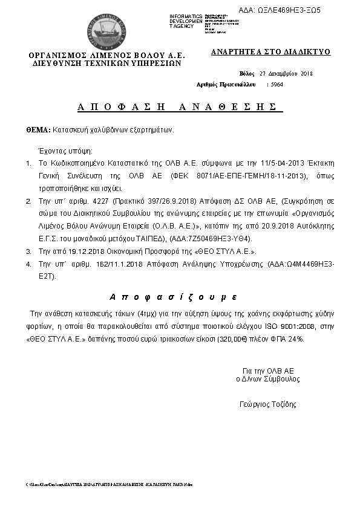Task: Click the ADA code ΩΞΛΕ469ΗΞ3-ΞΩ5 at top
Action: click(x=288, y=11)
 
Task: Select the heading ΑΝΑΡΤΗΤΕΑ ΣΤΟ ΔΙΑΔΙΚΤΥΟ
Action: click(x=270, y=52)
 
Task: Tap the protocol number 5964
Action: click(x=277, y=85)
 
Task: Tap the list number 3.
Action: click(x=28, y=251)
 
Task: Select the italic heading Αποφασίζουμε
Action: click(x=173, y=297)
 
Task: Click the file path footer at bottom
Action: click(x=109, y=485)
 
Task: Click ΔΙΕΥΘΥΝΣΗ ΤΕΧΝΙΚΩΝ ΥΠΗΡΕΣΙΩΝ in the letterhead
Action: click(x=107, y=62)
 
